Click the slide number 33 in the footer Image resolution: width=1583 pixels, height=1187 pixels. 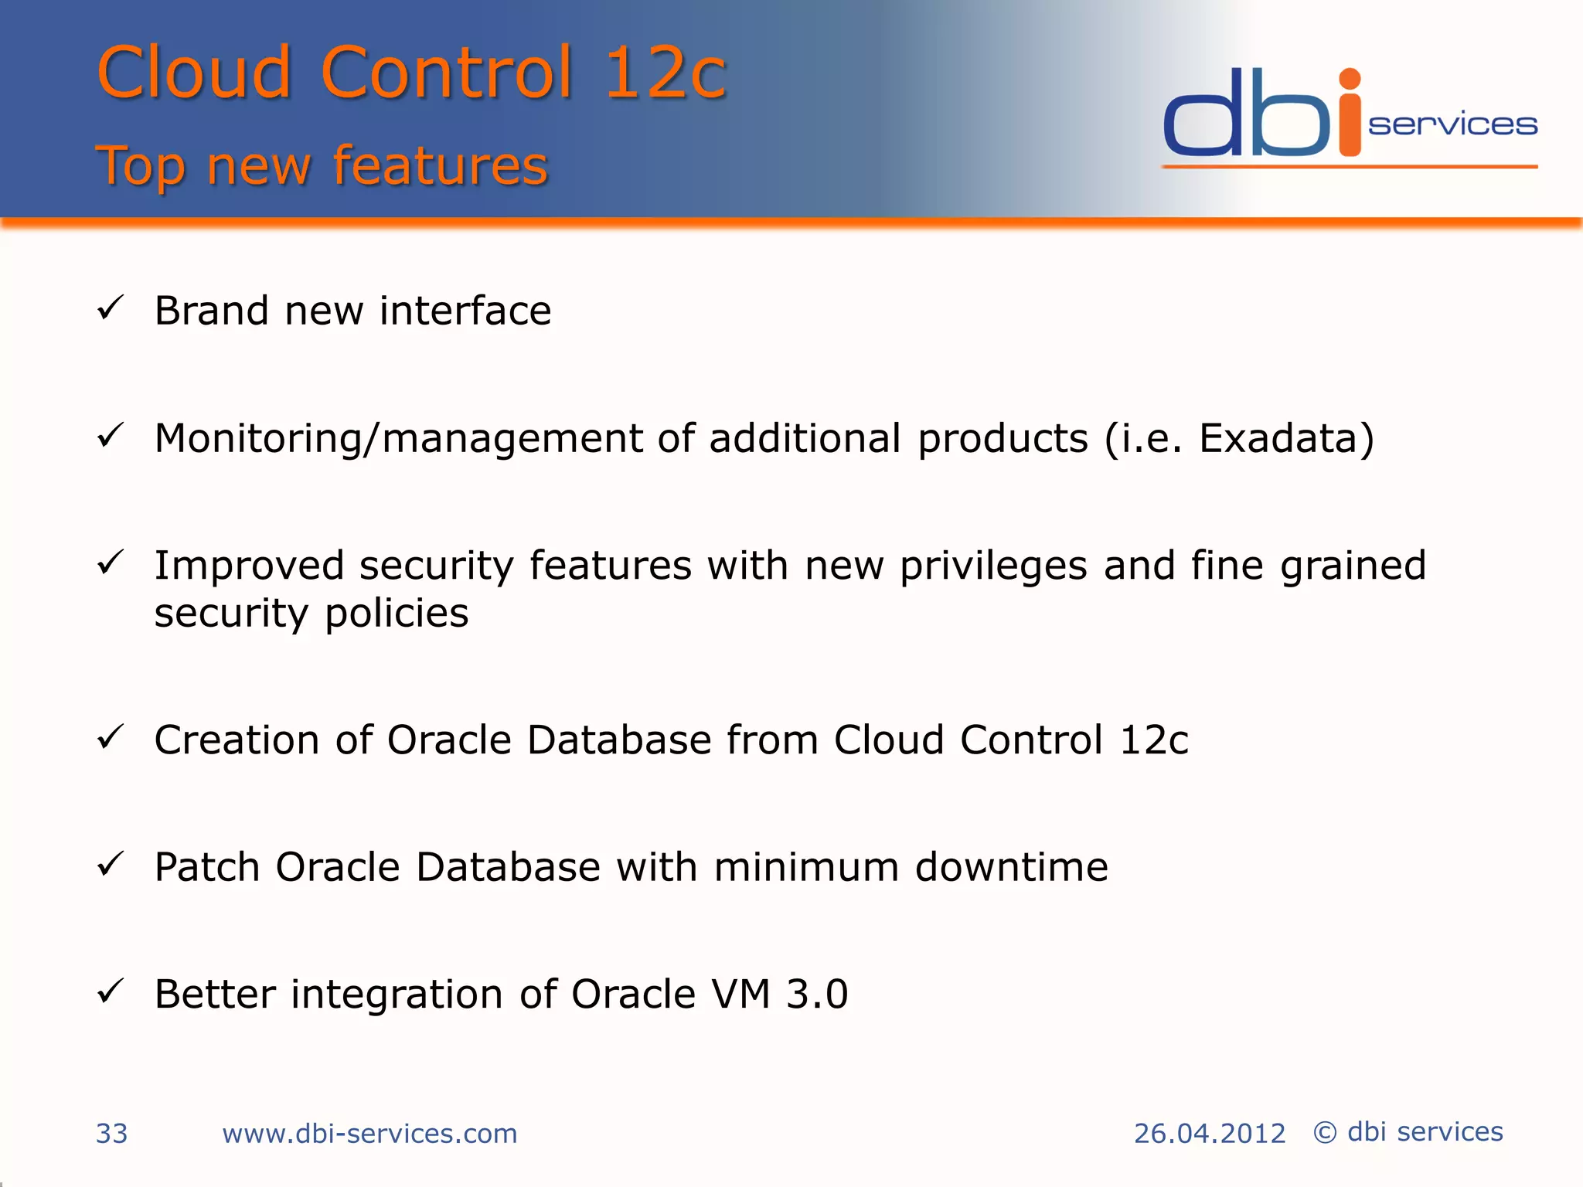[111, 1133]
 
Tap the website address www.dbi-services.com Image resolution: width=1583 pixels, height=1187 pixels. [369, 1133]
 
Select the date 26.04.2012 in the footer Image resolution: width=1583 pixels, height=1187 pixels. [1209, 1133]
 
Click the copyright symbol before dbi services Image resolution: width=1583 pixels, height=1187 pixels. [1325, 1132]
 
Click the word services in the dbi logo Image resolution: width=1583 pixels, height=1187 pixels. [1452, 124]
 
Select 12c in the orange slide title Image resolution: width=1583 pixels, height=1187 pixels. [665, 73]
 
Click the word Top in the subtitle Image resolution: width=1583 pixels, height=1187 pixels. [141, 166]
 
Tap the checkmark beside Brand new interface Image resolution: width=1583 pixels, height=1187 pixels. [111, 308]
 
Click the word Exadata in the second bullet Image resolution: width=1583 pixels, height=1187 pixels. [1278, 438]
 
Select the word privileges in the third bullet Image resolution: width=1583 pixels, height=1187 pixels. [994, 566]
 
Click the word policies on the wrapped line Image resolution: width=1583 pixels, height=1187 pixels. [396, 614]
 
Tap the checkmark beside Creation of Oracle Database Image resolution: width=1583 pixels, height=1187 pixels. [111, 737]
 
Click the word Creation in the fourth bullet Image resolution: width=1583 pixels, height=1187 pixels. [237, 740]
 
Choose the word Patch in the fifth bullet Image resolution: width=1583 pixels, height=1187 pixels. [206, 866]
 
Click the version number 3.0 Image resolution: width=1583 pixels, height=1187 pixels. [817, 994]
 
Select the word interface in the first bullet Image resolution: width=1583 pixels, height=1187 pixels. [465, 311]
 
